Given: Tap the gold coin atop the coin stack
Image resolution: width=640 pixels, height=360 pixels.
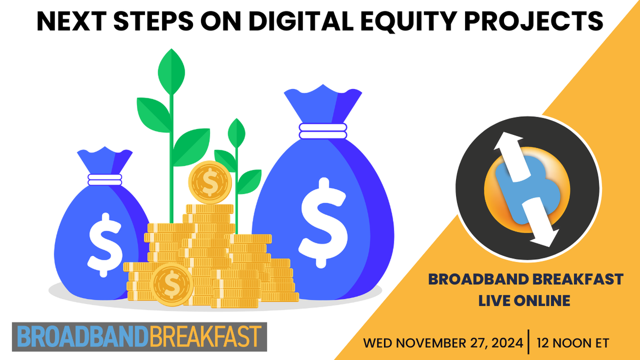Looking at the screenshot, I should (x=210, y=182).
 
